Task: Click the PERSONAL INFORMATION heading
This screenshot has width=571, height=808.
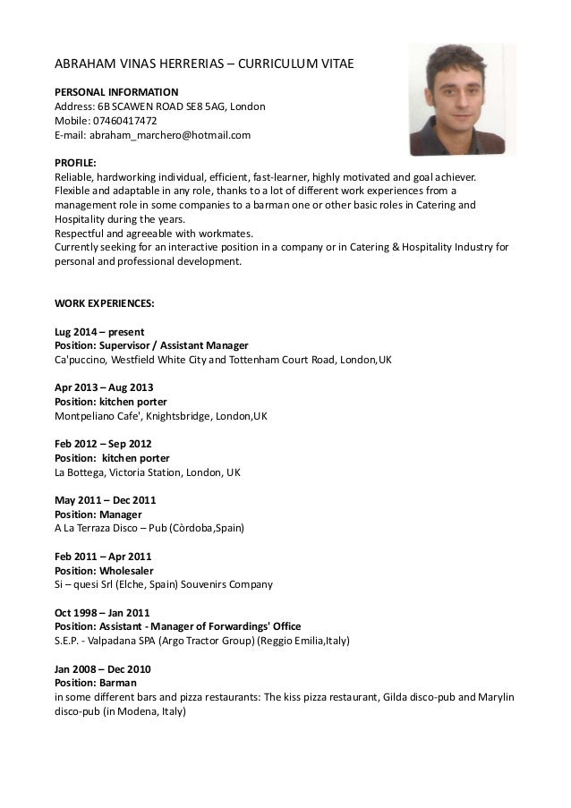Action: click(116, 91)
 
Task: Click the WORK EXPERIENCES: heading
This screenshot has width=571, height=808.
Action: click(104, 304)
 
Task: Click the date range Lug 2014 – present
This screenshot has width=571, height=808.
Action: click(99, 332)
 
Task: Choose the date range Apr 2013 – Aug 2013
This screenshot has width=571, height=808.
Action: click(104, 388)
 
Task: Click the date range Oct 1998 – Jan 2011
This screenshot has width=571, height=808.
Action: click(103, 612)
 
